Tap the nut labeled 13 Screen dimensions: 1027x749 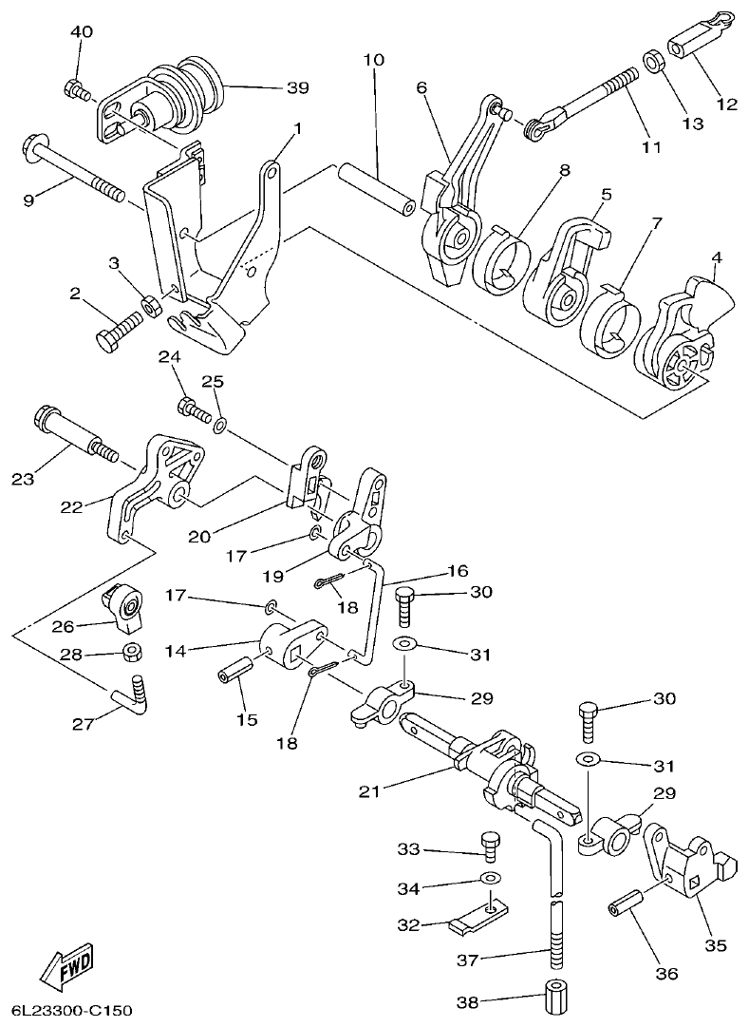(x=652, y=64)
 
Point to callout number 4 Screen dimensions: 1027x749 (x=717, y=257)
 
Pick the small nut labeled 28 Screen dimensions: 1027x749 (x=132, y=654)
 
